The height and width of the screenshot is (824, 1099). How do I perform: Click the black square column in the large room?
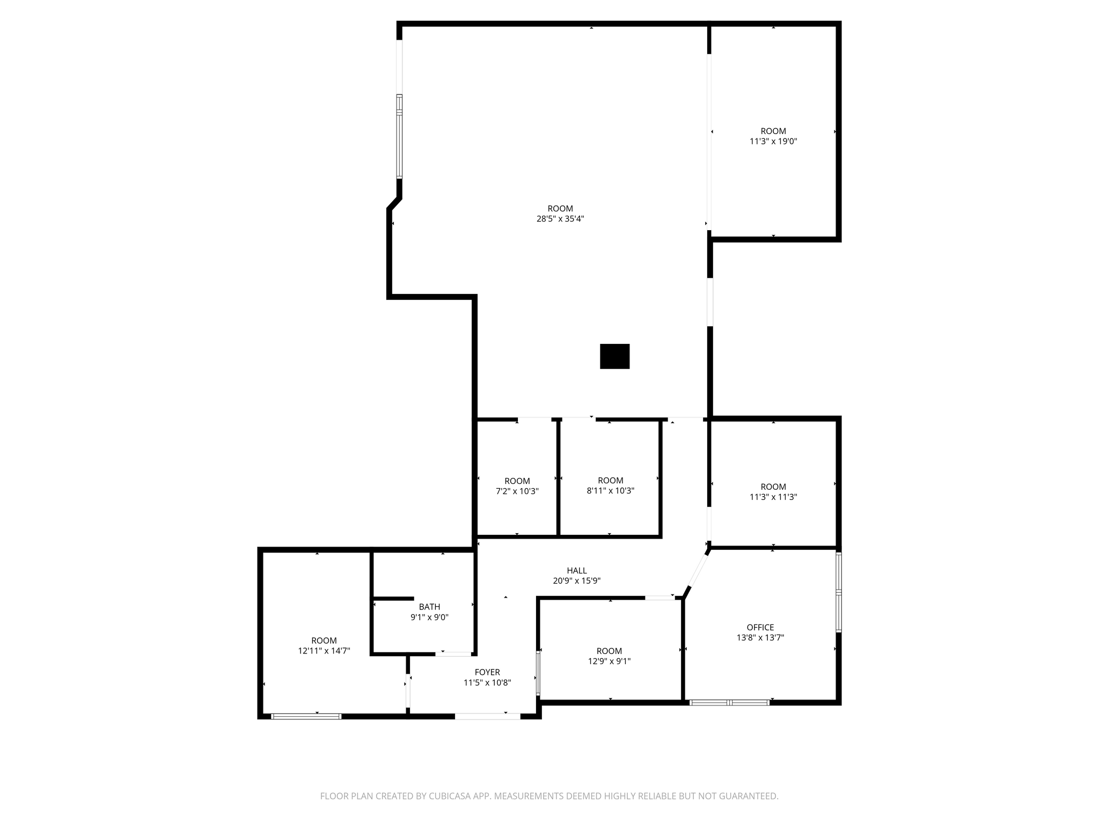[x=614, y=356]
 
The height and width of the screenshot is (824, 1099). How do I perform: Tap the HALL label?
[x=577, y=570]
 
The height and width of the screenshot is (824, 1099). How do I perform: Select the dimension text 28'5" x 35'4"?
[x=560, y=219]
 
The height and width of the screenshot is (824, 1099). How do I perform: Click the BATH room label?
[x=429, y=607]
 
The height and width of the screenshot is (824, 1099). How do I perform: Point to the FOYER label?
[x=487, y=672]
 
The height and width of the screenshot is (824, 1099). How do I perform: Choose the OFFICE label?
[x=760, y=627]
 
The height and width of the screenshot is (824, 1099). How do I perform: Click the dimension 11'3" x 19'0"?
[x=773, y=142]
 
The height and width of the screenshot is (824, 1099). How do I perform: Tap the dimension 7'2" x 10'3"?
[x=517, y=491]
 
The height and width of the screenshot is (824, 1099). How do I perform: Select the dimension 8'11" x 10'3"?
[x=610, y=491]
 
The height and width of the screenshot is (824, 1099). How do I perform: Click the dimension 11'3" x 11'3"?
[x=773, y=497]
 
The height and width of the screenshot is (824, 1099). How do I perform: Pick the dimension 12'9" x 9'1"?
[x=609, y=661]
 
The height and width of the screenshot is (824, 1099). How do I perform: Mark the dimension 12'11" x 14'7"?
[x=324, y=651]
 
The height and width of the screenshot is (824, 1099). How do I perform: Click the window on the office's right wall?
[x=839, y=592]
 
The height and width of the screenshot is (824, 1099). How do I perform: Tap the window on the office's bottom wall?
[x=729, y=702]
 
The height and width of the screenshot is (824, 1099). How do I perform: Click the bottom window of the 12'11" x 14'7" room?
[x=306, y=716]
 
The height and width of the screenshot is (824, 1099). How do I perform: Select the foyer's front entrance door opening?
[x=487, y=716]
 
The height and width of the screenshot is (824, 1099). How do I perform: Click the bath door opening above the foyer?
[x=453, y=654]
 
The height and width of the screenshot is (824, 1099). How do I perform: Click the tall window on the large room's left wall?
[x=399, y=136]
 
